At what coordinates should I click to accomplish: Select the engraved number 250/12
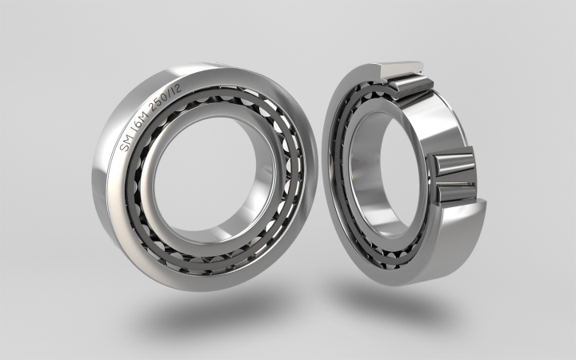(x=166, y=95)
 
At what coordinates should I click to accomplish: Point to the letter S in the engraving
(x=124, y=146)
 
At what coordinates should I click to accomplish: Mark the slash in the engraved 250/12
(x=173, y=90)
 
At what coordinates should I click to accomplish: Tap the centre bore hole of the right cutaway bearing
(x=382, y=173)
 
